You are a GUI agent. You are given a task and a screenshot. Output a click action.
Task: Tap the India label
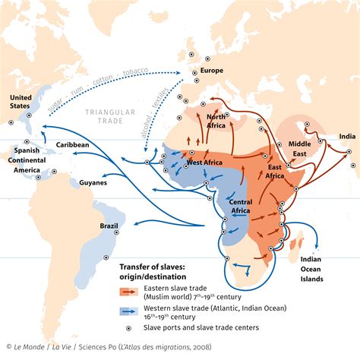[x=346, y=137]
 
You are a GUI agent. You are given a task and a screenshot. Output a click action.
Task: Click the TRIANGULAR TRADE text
[x=122, y=114]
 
